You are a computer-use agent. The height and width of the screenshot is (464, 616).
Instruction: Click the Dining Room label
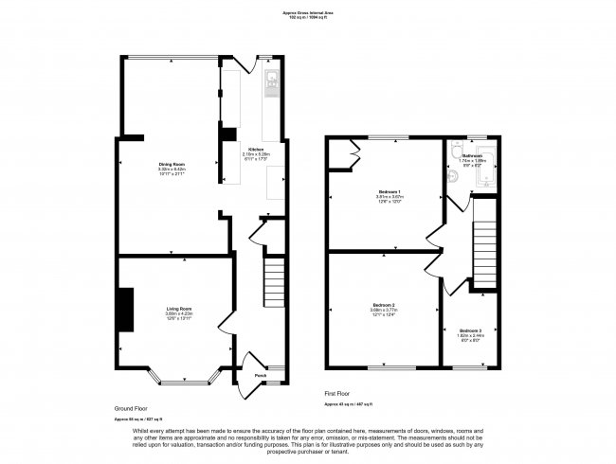tap(172, 164)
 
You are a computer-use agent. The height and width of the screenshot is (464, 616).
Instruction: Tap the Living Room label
tap(179, 309)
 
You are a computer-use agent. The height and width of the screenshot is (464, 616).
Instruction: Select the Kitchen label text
tap(256, 150)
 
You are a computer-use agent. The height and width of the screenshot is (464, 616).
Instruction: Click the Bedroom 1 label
tap(383, 192)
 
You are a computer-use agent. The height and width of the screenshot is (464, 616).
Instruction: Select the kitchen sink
tap(271, 83)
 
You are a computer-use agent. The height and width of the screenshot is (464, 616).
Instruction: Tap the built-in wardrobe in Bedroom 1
tap(352, 149)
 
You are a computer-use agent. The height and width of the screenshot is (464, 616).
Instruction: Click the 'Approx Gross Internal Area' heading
tap(308, 11)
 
